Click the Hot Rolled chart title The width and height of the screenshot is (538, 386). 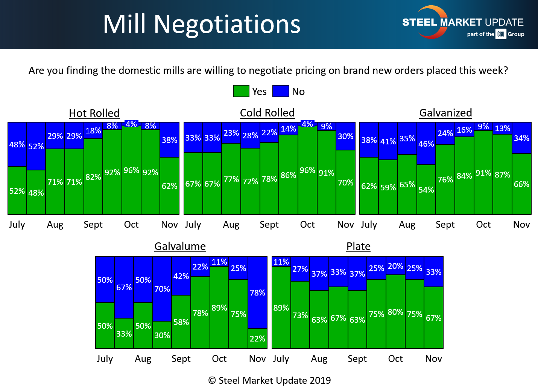94,113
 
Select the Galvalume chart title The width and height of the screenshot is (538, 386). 180,246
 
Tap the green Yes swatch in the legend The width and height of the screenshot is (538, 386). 241,91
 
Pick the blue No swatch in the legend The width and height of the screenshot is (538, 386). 281,91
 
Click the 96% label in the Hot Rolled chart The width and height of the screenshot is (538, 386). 131,170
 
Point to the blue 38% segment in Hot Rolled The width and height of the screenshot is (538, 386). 169,140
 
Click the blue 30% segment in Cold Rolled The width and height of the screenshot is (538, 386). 345,136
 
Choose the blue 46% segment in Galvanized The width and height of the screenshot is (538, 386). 426,144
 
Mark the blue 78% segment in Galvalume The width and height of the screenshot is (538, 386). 257,293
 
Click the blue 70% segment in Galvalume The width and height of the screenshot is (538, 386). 162,289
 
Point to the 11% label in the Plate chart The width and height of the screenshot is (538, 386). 281,262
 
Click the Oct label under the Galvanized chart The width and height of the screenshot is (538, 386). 483,225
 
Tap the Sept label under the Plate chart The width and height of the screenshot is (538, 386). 357,359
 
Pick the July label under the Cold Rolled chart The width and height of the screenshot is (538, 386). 193,225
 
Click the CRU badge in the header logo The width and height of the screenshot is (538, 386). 501,34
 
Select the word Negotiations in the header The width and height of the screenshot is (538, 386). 227,24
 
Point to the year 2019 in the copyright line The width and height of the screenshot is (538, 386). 320,380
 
